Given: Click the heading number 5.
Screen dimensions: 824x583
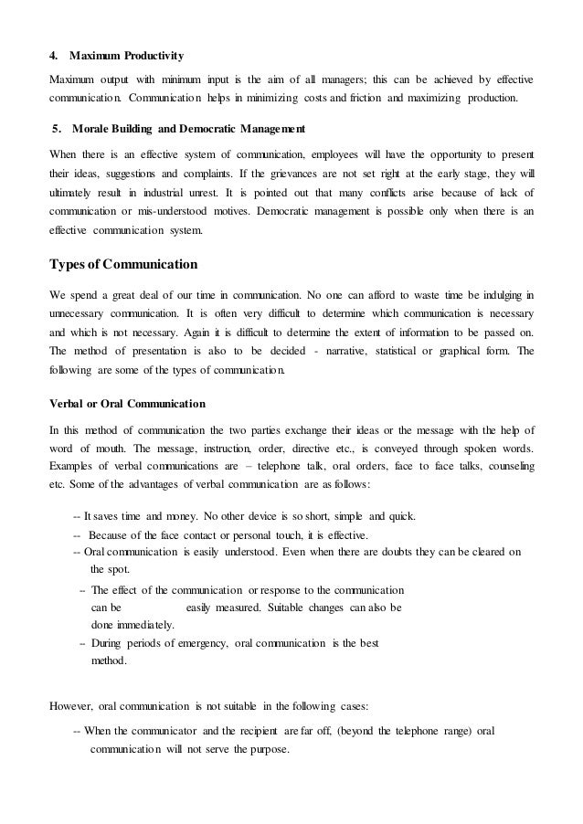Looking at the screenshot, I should pyautogui.click(x=57, y=126).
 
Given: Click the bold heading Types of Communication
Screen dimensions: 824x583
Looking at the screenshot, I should pyautogui.click(x=122, y=266).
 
